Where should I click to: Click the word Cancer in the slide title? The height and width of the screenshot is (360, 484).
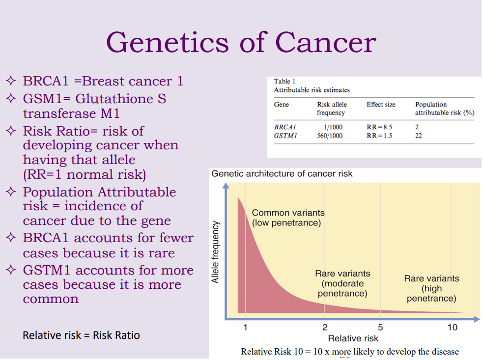click(326, 42)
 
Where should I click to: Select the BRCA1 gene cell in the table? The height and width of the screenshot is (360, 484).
click(285, 127)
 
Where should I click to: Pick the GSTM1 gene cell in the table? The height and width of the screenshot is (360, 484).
click(285, 136)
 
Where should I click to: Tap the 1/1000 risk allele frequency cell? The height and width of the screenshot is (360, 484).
click(333, 127)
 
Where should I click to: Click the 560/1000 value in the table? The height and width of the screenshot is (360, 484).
click(330, 136)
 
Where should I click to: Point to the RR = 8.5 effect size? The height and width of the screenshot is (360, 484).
click(379, 127)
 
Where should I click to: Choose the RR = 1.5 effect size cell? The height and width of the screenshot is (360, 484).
click(379, 136)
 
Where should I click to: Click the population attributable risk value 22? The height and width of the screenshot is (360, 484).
click(418, 136)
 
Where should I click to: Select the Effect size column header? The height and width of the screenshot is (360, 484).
click(381, 105)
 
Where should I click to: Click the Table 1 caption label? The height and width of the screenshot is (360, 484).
click(285, 82)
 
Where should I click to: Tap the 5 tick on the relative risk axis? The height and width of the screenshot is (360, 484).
click(380, 327)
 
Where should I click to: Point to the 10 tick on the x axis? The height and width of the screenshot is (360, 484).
click(453, 327)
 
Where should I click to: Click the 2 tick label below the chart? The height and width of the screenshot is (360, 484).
click(325, 327)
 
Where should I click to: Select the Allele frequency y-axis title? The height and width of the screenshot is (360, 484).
click(215, 252)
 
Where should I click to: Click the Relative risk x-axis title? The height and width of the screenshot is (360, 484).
click(353, 338)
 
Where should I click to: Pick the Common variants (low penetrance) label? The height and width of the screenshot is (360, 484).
click(288, 218)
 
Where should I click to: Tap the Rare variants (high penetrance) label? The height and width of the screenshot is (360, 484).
click(431, 288)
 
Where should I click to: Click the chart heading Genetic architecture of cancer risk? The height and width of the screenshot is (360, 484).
click(282, 174)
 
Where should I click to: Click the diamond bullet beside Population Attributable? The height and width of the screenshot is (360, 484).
click(11, 192)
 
